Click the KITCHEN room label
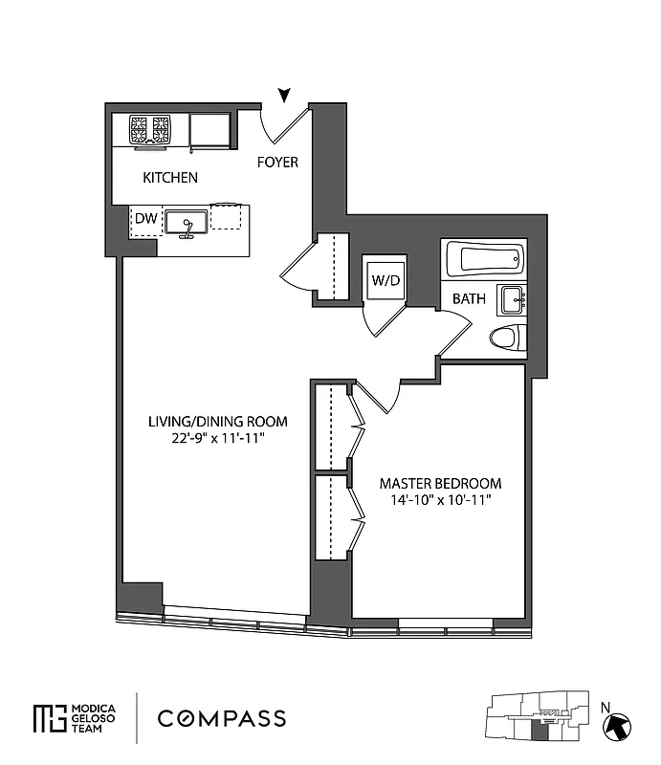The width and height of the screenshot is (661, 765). pyautogui.click(x=170, y=178)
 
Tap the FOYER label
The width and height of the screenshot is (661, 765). pyautogui.click(x=277, y=163)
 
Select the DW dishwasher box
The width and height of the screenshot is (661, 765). pyautogui.click(x=144, y=220)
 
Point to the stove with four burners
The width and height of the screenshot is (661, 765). pyautogui.click(x=150, y=130)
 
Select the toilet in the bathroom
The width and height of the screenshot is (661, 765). pyautogui.click(x=506, y=338)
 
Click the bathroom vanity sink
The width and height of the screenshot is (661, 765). pyautogui.click(x=511, y=299)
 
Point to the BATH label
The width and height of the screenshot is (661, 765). pyautogui.click(x=469, y=299)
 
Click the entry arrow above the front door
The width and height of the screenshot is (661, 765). pyautogui.click(x=284, y=94)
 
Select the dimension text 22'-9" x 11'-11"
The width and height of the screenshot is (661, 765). pyautogui.click(x=205, y=439)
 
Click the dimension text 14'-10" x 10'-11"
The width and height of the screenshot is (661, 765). pyautogui.click(x=440, y=500)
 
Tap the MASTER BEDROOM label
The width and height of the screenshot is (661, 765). pyautogui.click(x=440, y=483)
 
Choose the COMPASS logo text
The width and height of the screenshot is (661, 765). pyautogui.click(x=221, y=718)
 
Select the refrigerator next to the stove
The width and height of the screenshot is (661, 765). pyautogui.click(x=209, y=131)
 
